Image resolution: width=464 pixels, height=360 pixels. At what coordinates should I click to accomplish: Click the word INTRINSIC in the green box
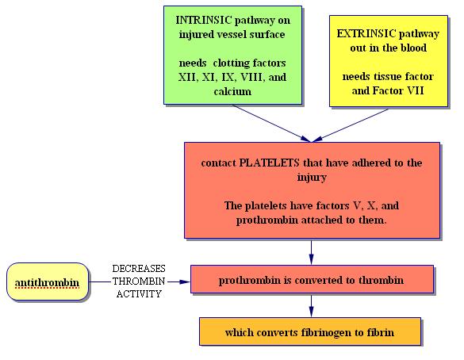[204, 20]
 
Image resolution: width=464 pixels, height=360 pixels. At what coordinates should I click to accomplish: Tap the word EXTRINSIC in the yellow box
[366, 33]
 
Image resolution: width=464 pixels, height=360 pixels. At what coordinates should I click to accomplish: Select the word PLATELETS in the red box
[269, 163]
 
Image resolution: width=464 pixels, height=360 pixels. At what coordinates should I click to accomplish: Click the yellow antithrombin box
[48, 282]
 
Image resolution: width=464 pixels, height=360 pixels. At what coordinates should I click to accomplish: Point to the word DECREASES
[139, 269]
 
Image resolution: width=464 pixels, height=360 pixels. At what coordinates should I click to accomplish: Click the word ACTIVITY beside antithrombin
[139, 294]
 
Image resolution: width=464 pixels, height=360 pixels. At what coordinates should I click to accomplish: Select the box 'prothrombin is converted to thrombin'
[313, 279]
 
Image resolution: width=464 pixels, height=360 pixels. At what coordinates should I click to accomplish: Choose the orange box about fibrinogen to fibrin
[310, 331]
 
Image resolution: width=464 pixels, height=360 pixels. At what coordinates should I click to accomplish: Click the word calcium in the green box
[232, 91]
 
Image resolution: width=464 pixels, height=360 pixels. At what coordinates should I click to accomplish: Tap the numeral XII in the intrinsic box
[188, 77]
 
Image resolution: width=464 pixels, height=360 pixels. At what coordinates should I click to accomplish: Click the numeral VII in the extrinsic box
[416, 90]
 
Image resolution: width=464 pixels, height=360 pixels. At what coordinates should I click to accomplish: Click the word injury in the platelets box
[312, 178]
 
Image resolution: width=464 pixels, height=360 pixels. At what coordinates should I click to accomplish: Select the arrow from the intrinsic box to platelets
[271, 124]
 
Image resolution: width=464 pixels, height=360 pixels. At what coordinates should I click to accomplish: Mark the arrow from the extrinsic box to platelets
[350, 125]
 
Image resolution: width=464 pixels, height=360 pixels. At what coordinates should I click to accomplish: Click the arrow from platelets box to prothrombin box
[311, 252]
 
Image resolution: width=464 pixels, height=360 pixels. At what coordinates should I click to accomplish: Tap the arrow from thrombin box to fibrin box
[311, 306]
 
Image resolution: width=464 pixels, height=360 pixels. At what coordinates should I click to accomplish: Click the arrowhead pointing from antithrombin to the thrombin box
[185, 282]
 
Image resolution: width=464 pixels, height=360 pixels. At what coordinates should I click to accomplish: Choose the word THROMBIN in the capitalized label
[139, 281]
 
